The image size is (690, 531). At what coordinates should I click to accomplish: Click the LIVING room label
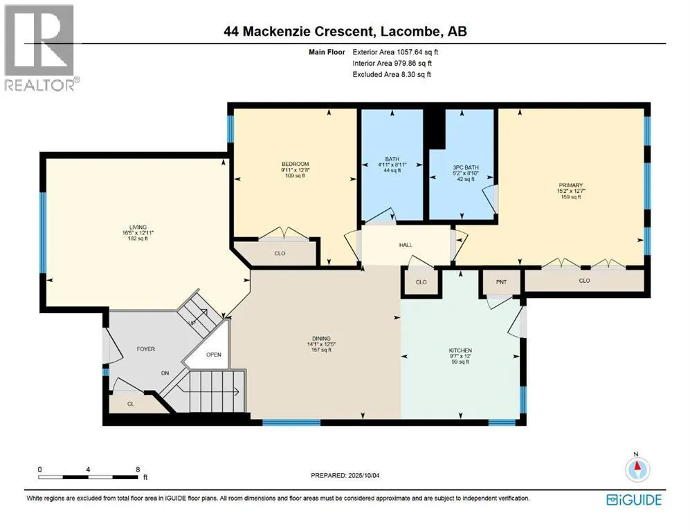point(138,227)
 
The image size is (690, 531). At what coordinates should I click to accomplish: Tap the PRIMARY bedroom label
point(571,185)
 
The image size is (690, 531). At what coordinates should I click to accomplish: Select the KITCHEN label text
point(461,351)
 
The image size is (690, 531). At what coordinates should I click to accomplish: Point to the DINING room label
point(321,339)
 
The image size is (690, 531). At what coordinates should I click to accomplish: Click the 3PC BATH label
point(466,167)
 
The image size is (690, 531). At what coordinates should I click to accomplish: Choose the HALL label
point(406,245)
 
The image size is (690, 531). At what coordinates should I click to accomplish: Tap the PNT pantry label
point(501,282)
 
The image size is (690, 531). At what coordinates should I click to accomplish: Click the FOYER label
point(145,349)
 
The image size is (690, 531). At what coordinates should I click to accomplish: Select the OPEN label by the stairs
point(214,355)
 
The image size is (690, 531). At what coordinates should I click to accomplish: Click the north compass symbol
point(637,469)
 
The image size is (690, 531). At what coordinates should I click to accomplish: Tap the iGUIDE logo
point(634,500)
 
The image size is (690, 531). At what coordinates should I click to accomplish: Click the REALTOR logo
point(39,48)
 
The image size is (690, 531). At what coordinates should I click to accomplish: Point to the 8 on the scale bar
point(138,469)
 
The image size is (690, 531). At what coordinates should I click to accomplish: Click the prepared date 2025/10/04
point(363,475)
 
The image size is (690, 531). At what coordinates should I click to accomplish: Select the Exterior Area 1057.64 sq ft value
point(417,52)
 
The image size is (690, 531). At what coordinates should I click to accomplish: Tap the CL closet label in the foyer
point(131,404)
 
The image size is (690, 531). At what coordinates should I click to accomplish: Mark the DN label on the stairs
point(165,373)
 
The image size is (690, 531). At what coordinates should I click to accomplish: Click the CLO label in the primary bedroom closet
point(584,281)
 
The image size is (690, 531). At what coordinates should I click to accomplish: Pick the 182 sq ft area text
point(138,239)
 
